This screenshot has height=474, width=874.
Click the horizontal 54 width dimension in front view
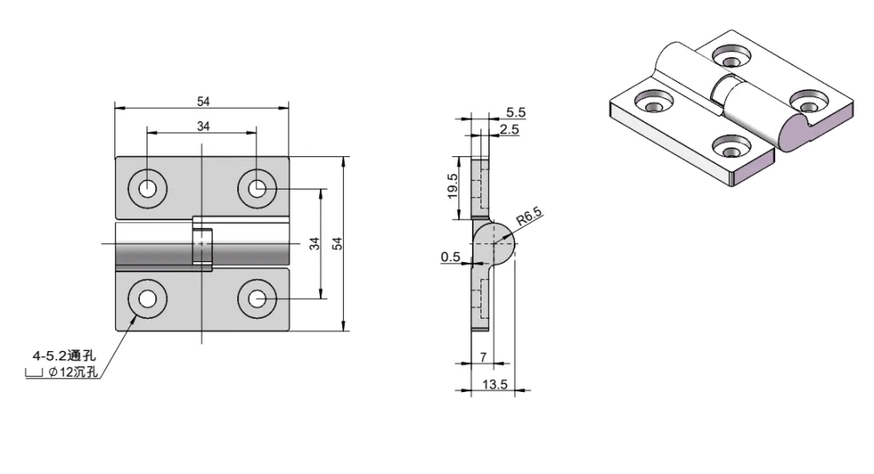point(203,102)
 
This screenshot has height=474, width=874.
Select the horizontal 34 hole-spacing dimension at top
point(203,126)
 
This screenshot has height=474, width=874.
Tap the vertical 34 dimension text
point(314,244)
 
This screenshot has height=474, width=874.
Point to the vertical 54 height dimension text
point(337,244)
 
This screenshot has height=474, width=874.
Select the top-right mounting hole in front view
point(257,188)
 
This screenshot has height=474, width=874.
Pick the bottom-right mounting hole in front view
point(257,298)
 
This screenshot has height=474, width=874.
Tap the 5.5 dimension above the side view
point(516,112)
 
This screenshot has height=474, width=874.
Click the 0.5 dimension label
point(451,257)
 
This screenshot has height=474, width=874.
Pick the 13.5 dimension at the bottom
point(495,385)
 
